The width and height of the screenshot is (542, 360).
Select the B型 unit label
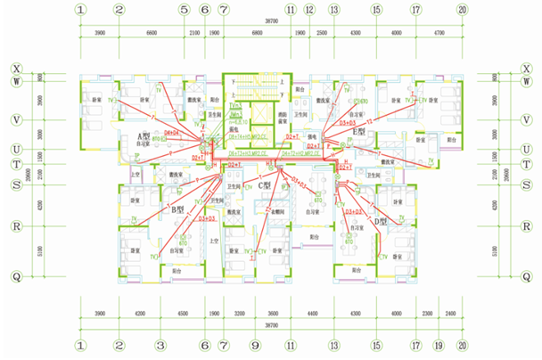click(x=177, y=210)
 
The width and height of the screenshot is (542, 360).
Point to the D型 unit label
click(x=382, y=220)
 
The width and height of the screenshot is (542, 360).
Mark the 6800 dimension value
click(x=257, y=33)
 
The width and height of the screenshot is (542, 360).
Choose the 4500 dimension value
click(x=182, y=315)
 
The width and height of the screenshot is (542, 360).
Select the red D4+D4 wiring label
click(x=170, y=133)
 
